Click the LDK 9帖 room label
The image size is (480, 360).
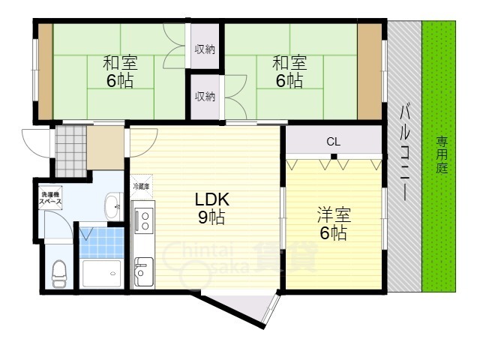coord(211,208)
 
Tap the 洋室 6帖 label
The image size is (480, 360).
coord(334,223)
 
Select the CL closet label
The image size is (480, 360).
coord(333,142)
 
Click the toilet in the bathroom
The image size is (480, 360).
coord(59,274)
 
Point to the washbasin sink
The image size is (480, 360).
coord(114,206)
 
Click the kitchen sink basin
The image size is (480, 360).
coord(143,271)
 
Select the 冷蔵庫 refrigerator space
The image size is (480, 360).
coord(142,187)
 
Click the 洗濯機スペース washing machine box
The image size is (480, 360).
coord(51,198)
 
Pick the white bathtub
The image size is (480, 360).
coord(102,273)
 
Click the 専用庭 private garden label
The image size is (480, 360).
coord(442,155)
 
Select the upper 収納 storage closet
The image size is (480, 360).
coord(205,49)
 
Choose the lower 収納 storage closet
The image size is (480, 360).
coord(205,97)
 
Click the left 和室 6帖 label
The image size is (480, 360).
coord(120,72)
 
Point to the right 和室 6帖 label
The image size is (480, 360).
coord(289,72)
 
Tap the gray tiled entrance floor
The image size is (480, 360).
coord(71,151)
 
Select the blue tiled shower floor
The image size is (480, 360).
coord(102,243)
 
